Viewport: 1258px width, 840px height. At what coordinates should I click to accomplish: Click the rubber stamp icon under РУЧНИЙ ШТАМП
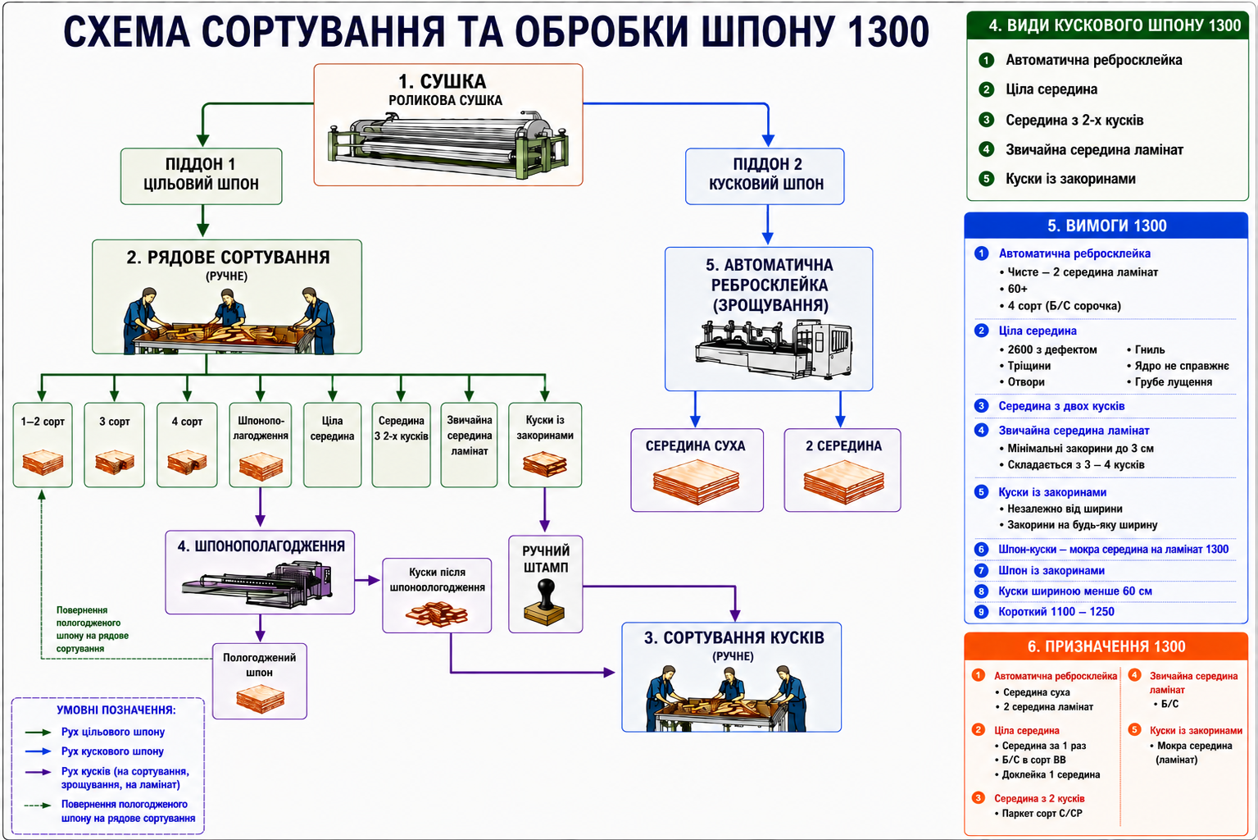(x=544, y=603)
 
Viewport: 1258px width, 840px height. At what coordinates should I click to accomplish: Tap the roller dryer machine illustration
(x=448, y=144)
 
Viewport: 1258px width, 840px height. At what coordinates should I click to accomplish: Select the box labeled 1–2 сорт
(x=43, y=445)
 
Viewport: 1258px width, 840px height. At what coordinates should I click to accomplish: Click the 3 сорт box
(x=115, y=445)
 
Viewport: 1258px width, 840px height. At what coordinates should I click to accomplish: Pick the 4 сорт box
(x=187, y=445)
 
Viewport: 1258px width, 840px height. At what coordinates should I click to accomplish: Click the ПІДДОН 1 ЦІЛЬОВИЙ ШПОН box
(x=201, y=176)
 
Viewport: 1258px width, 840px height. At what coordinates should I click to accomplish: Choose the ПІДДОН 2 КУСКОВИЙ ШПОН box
(x=765, y=176)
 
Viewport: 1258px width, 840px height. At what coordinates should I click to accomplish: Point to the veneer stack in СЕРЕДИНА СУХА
(x=697, y=482)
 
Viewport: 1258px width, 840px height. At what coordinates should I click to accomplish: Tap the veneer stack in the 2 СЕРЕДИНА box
(x=843, y=482)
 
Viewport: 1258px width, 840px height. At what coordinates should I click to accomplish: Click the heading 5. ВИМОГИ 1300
(x=1106, y=226)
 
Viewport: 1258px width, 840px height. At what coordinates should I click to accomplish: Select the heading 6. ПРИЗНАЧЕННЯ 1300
(x=1106, y=646)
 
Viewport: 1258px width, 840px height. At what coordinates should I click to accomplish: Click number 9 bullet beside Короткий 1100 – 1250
(x=981, y=612)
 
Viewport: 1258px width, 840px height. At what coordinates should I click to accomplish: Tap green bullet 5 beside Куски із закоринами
(x=986, y=179)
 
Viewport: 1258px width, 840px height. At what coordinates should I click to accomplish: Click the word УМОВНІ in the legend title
(x=83, y=710)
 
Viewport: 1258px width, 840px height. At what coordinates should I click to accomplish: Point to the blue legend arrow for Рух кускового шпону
(x=39, y=751)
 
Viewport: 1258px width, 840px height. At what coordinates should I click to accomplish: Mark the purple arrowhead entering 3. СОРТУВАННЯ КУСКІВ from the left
(x=609, y=672)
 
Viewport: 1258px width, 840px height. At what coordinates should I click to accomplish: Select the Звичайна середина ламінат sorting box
(x=469, y=445)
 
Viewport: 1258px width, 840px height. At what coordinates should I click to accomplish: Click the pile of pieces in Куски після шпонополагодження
(x=437, y=614)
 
